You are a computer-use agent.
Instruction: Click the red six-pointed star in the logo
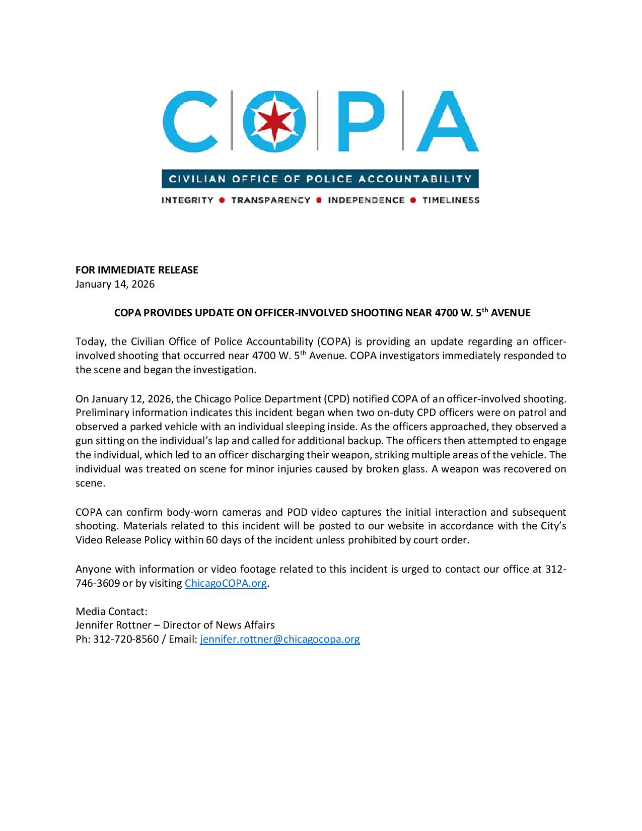pyautogui.click(x=274, y=121)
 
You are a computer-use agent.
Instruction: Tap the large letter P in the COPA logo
pyautogui.click(x=359, y=121)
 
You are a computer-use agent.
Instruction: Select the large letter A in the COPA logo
pyautogui.click(x=447, y=121)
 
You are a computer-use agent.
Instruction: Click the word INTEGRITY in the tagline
pyautogui.click(x=187, y=200)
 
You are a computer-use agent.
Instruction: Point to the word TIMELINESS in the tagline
pyautogui.click(x=451, y=200)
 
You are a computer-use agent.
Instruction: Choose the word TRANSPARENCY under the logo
pyautogui.click(x=270, y=200)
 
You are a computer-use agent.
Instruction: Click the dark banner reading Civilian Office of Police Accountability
pyautogui.click(x=320, y=179)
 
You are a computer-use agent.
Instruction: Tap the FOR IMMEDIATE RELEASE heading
pyautogui.click(x=137, y=270)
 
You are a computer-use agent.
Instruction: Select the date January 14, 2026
pyautogui.click(x=115, y=284)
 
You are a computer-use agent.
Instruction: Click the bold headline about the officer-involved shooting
pyautogui.click(x=322, y=313)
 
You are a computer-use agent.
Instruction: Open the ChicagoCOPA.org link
pyautogui.click(x=226, y=583)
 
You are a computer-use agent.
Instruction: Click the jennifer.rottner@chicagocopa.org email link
pyautogui.click(x=280, y=639)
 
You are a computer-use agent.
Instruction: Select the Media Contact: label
pyautogui.click(x=111, y=611)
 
